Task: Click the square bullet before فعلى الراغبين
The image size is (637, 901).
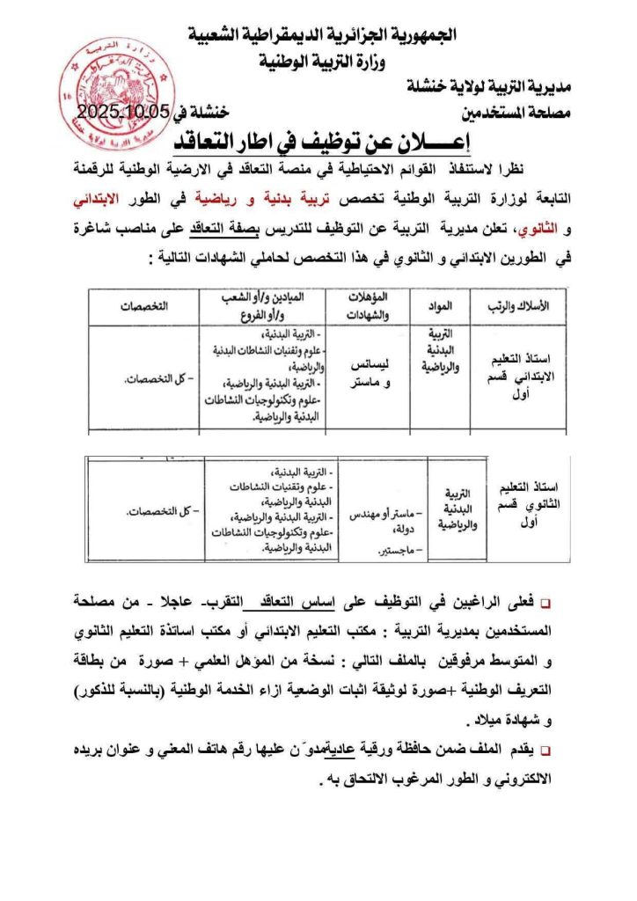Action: (x=545, y=604)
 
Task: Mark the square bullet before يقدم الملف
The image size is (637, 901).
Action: (x=545, y=751)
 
